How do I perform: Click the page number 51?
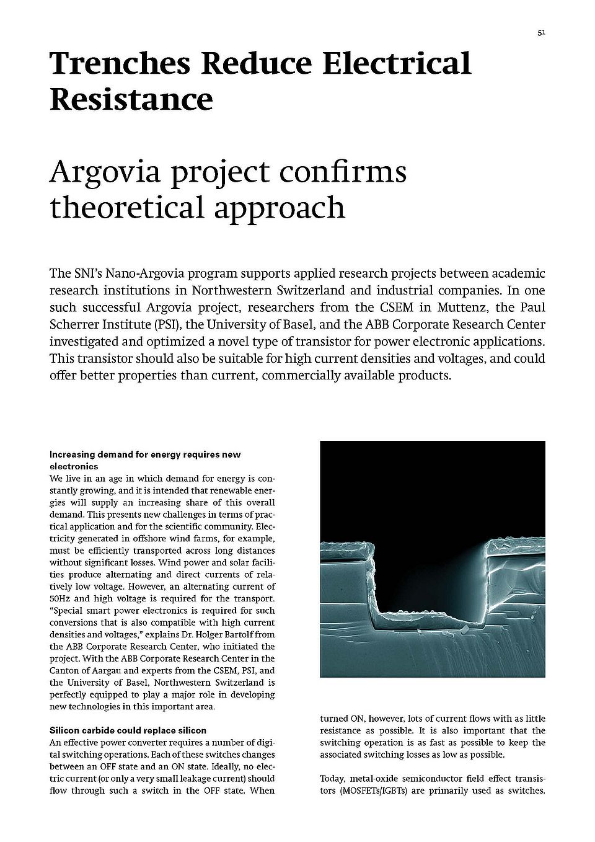[541, 33]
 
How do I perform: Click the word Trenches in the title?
[118, 64]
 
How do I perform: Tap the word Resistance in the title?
[131, 99]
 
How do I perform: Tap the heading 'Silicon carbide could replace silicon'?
[128, 730]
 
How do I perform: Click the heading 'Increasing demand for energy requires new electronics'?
[145, 460]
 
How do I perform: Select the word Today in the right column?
[332, 779]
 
